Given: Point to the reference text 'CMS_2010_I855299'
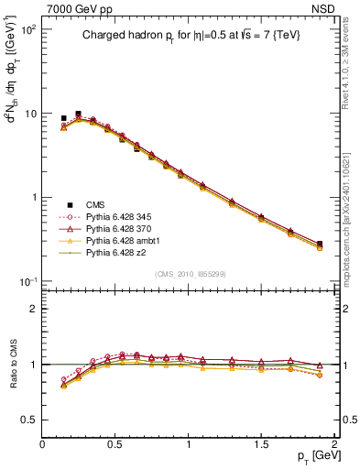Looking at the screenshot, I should [x=190, y=274].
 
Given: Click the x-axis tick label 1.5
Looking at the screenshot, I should [x=261, y=443].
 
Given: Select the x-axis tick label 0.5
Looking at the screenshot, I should [x=115, y=443].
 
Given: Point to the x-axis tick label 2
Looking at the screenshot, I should [x=334, y=443].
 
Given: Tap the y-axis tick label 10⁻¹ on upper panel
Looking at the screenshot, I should [x=27, y=281].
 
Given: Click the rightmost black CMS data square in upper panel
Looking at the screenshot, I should [x=320, y=245].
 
